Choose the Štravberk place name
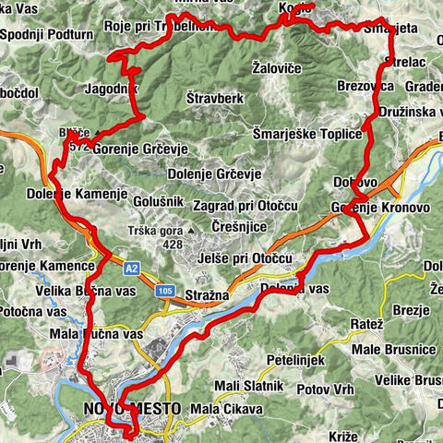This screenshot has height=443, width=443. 213,95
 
